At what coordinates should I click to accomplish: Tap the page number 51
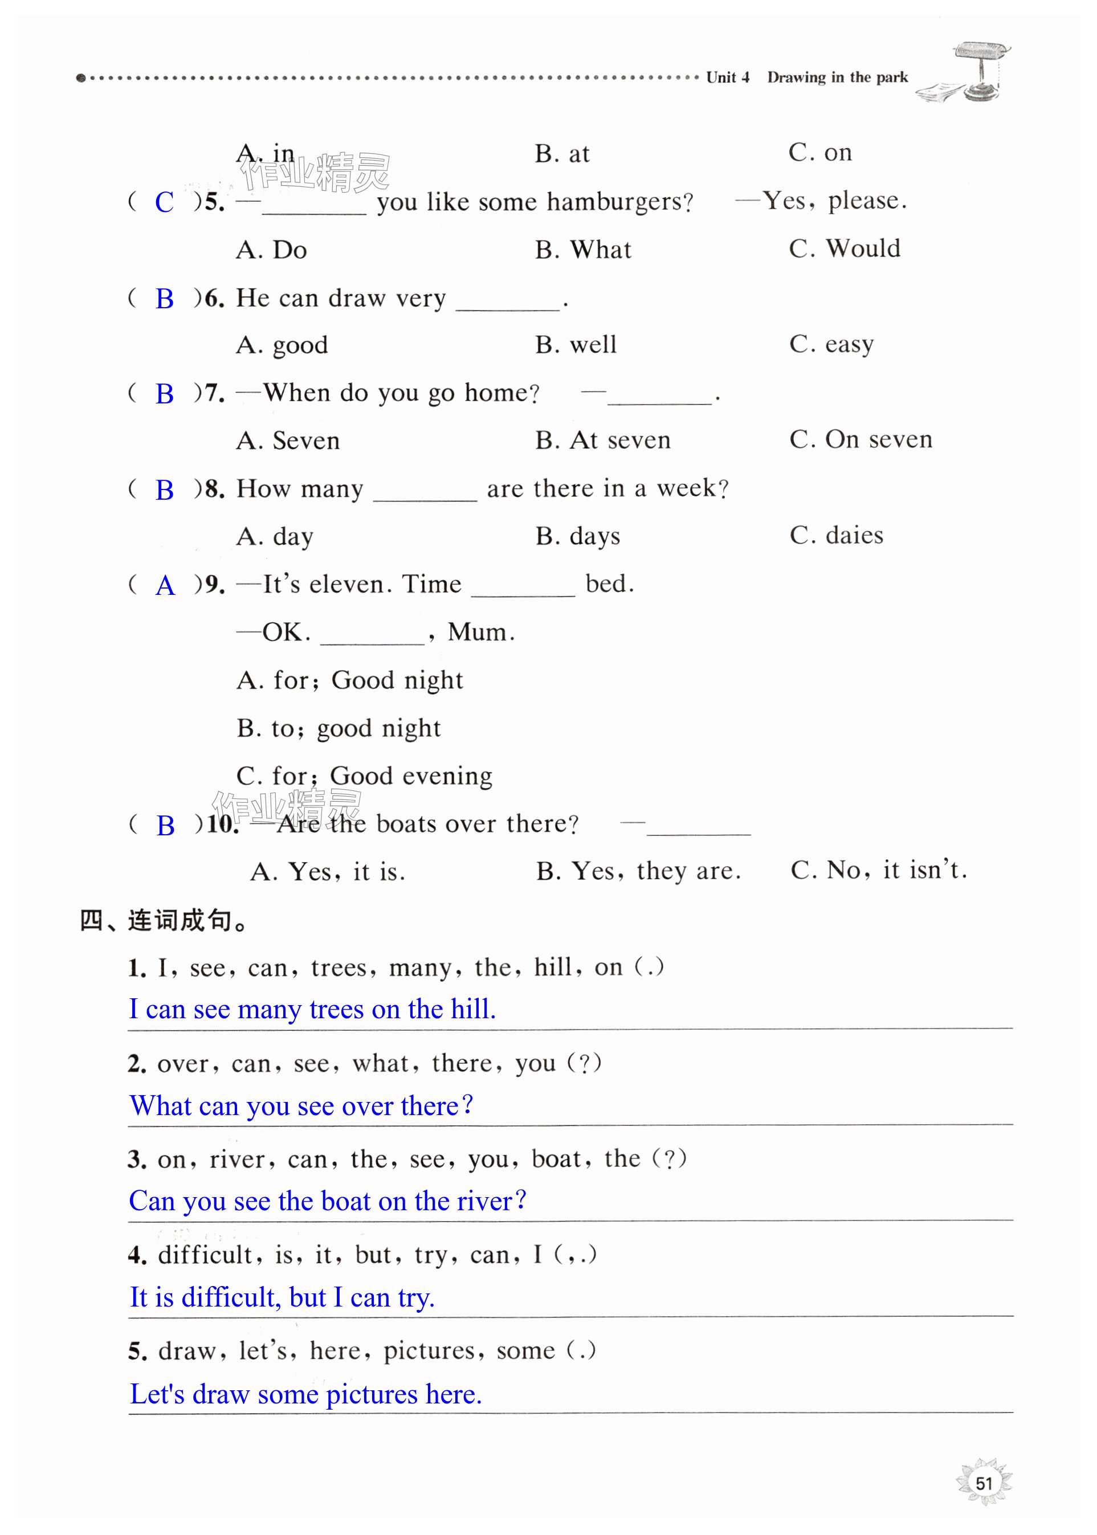(984, 1483)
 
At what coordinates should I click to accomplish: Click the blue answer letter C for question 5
(164, 202)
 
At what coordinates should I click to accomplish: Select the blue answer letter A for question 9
(165, 586)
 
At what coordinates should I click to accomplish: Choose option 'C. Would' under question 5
(845, 248)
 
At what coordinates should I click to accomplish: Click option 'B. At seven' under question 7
(602, 440)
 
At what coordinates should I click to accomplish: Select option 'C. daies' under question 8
(836, 536)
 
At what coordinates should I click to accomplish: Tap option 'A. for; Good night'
(349, 680)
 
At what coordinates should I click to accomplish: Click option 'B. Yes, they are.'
(638, 871)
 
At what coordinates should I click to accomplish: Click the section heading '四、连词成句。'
(164, 920)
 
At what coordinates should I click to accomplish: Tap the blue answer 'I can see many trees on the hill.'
(313, 1009)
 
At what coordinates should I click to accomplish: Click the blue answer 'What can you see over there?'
(301, 1105)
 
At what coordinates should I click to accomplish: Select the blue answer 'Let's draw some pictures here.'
(305, 1394)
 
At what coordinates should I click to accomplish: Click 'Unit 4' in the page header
(728, 77)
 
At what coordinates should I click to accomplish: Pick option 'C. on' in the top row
(820, 153)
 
